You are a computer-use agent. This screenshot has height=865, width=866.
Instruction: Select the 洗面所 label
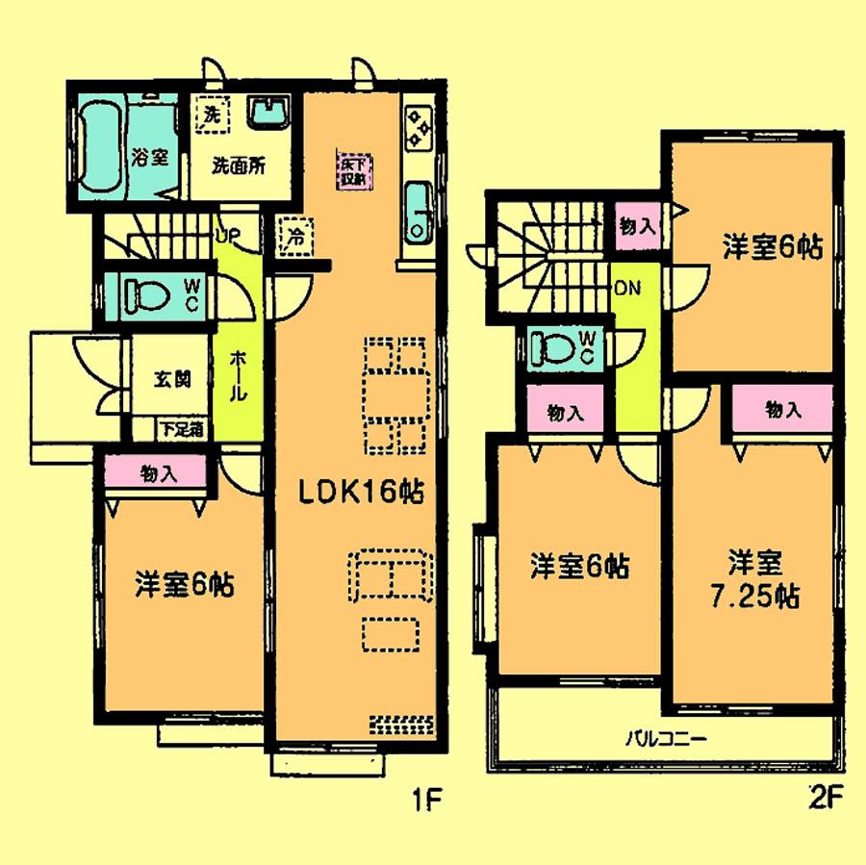[x=239, y=163]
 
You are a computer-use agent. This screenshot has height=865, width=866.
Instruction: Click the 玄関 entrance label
[x=169, y=377]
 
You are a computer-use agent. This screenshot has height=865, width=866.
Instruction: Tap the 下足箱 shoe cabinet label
[x=180, y=430]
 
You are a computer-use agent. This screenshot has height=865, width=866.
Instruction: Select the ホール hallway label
[x=238, y=376]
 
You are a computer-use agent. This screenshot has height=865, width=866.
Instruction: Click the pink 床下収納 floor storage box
[x=351, y=171]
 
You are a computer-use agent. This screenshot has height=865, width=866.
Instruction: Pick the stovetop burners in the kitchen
[x=419, y=128]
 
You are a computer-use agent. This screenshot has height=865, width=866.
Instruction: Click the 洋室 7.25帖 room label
[x=752, y=577]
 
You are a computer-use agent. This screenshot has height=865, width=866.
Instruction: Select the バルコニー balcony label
[x=667, y=740]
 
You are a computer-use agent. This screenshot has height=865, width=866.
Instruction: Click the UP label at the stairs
[x=228, y=235]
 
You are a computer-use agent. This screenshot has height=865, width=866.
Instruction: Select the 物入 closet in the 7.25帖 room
[x=783, y=410]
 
